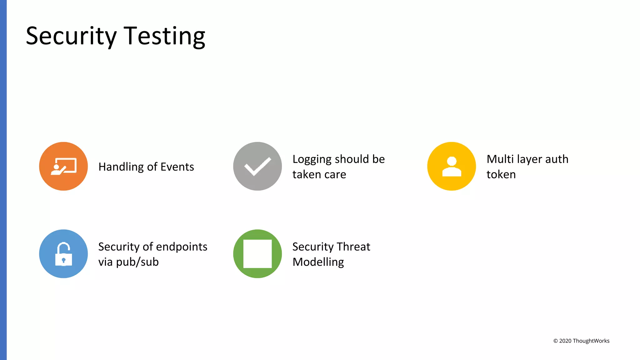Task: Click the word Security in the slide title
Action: pos(71,36)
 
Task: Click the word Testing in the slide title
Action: pos(164,36)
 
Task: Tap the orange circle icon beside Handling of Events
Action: pos(63,166)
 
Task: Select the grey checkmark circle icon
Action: pos(257,166)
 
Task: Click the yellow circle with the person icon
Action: pos(452,166)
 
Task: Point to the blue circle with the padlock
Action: pos(63,254)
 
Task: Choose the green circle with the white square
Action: pos(257,254)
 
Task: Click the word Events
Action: pos(177,167)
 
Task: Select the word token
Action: pos(501,174)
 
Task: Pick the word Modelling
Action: pos(318,262)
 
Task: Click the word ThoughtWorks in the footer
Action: pos(591,341)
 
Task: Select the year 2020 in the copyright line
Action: pos(565,341)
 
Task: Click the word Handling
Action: pos(121,167)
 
